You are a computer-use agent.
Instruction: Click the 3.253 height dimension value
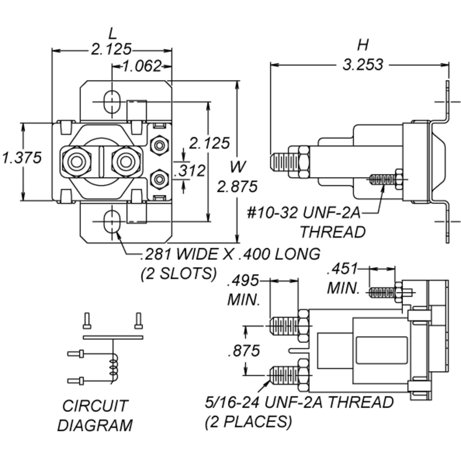pyautogui.click(x=363, y=65)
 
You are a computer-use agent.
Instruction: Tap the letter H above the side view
pyautogui.click(x=363, y=45)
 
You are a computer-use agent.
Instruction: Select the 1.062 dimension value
pyautogui.click(x=142, y=66)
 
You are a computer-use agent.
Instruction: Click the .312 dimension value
pyautogui.click(x=190, y=171)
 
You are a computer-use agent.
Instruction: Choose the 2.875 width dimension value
pyautogui.click(x=237, y=187)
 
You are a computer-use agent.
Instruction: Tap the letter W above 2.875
pyautogui.click(x=238, y=167)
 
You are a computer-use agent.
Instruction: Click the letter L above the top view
pyautogui.click(x=113, y=34)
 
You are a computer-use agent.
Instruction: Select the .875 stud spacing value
pyautogui.click(x=244, y=350)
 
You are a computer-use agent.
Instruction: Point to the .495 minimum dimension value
pyautogui.click(x=243, y=281)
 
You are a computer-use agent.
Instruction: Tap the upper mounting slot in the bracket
pyautogui.click(x=112, y=102)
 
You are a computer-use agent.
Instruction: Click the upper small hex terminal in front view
pyautogui.click(x=159, y=145)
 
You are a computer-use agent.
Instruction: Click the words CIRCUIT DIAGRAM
pyautogui.click(x=95, y=416)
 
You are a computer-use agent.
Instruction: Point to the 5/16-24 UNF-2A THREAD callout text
pyautogui.click(x=299, y=403)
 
